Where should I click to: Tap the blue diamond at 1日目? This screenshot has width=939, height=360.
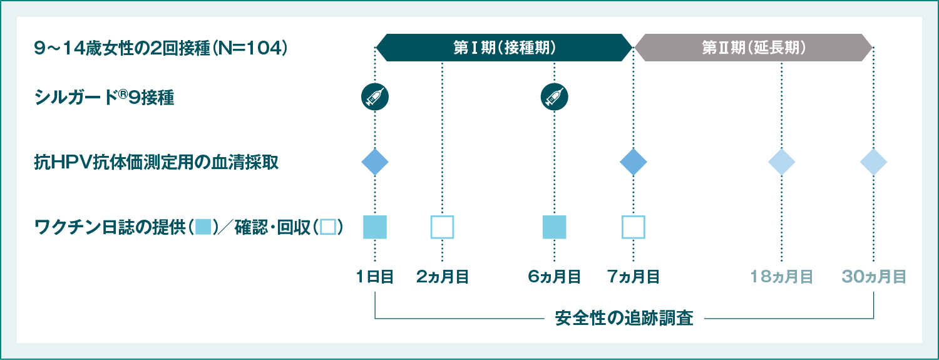tap(375, 162)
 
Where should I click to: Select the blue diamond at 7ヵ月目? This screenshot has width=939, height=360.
tap(633, 162)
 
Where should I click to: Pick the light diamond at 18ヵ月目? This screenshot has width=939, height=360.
tap(781, 162)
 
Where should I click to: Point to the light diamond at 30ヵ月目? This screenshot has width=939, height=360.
tap(873, 162)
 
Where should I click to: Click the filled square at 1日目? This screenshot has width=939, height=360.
tap(375, 227)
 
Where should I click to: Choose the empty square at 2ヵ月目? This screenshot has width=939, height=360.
tap(442, 227)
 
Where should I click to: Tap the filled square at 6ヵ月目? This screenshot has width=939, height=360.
tap(554, 227)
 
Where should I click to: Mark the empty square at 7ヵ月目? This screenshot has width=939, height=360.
tap(633, 227)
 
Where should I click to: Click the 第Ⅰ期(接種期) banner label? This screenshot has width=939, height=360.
tap(505, 48)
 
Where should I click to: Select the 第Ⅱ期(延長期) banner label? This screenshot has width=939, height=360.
tap(753, 48)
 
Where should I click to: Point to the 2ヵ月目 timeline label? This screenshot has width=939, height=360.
tap(442, 277)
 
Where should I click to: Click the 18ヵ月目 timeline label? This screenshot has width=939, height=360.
tap(781, 277)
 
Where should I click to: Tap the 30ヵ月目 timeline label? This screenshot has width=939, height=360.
tap(874, 277)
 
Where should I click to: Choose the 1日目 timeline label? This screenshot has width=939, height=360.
tap(375, 277)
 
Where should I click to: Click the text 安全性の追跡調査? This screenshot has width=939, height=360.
tap(624, 318)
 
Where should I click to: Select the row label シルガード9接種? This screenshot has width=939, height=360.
tap(104, 98)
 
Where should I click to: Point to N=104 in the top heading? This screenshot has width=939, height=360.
tap(249, 49)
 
